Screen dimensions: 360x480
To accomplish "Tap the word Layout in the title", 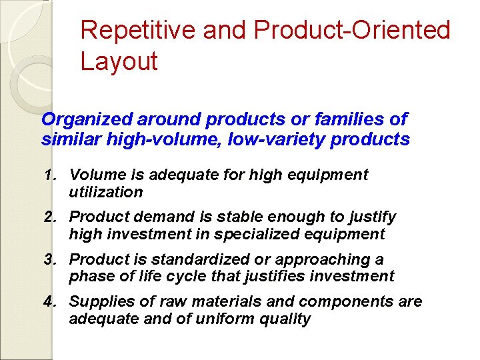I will [119, 61].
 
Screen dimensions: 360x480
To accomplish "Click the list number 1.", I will [49, 175].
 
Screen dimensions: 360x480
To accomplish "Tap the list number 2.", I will [49, 217].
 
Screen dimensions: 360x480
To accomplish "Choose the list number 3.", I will [49, 259].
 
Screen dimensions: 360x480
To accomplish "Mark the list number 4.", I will [49, 302].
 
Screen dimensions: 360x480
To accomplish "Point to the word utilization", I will [106, 192].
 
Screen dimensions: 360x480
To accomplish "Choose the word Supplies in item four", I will [97, 302].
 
